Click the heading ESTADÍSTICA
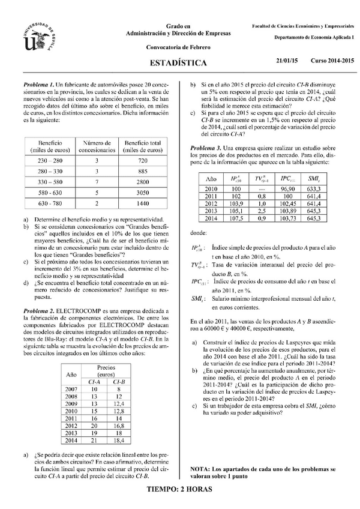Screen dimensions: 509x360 point(178,63)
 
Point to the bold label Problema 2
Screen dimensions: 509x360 point(39,312)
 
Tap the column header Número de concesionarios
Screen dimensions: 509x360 point(97,146)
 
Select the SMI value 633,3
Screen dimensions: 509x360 point(313,188)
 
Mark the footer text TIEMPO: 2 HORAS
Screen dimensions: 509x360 point(179,489)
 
